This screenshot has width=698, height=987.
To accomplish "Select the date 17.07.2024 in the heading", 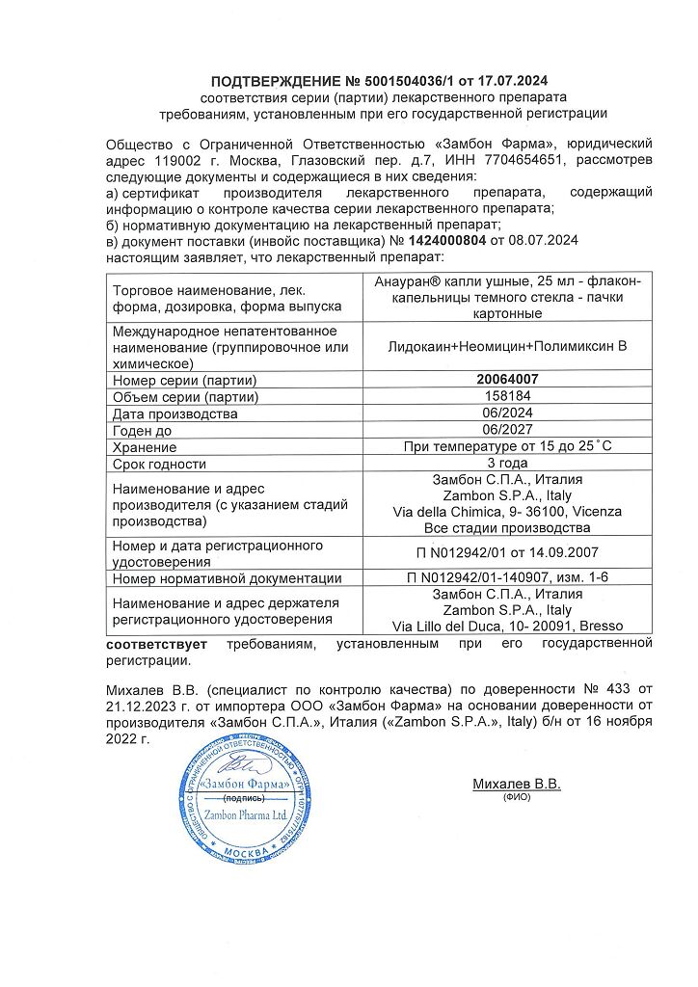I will point(520,80).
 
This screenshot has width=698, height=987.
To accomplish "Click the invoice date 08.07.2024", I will point(543,240).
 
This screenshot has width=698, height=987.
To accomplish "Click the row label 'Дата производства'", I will point(175,414).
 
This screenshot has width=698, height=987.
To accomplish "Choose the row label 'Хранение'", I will point(145,448).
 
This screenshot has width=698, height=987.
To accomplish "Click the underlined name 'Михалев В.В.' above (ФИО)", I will point(517,785).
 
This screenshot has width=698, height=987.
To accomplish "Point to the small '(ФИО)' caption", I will point(517,798).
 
